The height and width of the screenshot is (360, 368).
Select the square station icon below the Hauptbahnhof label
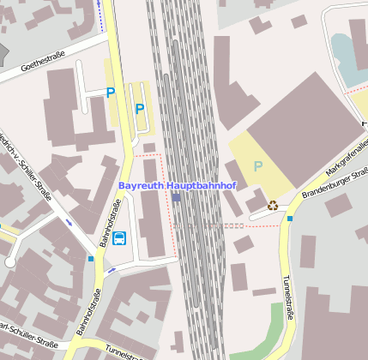pos(176,197)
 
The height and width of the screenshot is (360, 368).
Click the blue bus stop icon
pos(119,237)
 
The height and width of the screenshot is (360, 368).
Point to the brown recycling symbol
pos(273,205)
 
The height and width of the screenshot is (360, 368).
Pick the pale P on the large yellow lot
pos(257,165)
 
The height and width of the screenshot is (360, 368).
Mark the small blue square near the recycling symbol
pos(290,219)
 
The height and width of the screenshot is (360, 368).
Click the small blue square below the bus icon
pos(91,258)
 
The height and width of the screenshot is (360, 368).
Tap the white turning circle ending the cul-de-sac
pos(10,262)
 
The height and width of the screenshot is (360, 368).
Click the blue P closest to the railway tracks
pos(140,109)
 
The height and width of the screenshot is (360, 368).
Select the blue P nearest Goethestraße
pos(110,92)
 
